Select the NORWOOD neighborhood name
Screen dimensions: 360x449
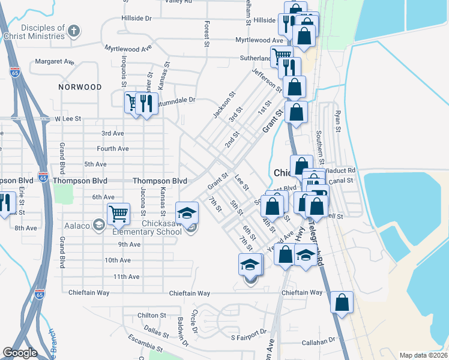pos(80,87)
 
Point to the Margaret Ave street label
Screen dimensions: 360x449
pos(54,61)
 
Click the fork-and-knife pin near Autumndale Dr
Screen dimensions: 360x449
pos(146,103)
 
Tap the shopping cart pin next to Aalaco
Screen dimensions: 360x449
pos(118,213)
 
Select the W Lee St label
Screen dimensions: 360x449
pos(67,119)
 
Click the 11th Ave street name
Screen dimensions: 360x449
pos(126,277)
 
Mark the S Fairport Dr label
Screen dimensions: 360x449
pos(249,332)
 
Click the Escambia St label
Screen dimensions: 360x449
pos(145,344)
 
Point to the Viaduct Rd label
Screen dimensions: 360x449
pos(342,170)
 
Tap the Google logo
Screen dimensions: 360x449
pos(20,353)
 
